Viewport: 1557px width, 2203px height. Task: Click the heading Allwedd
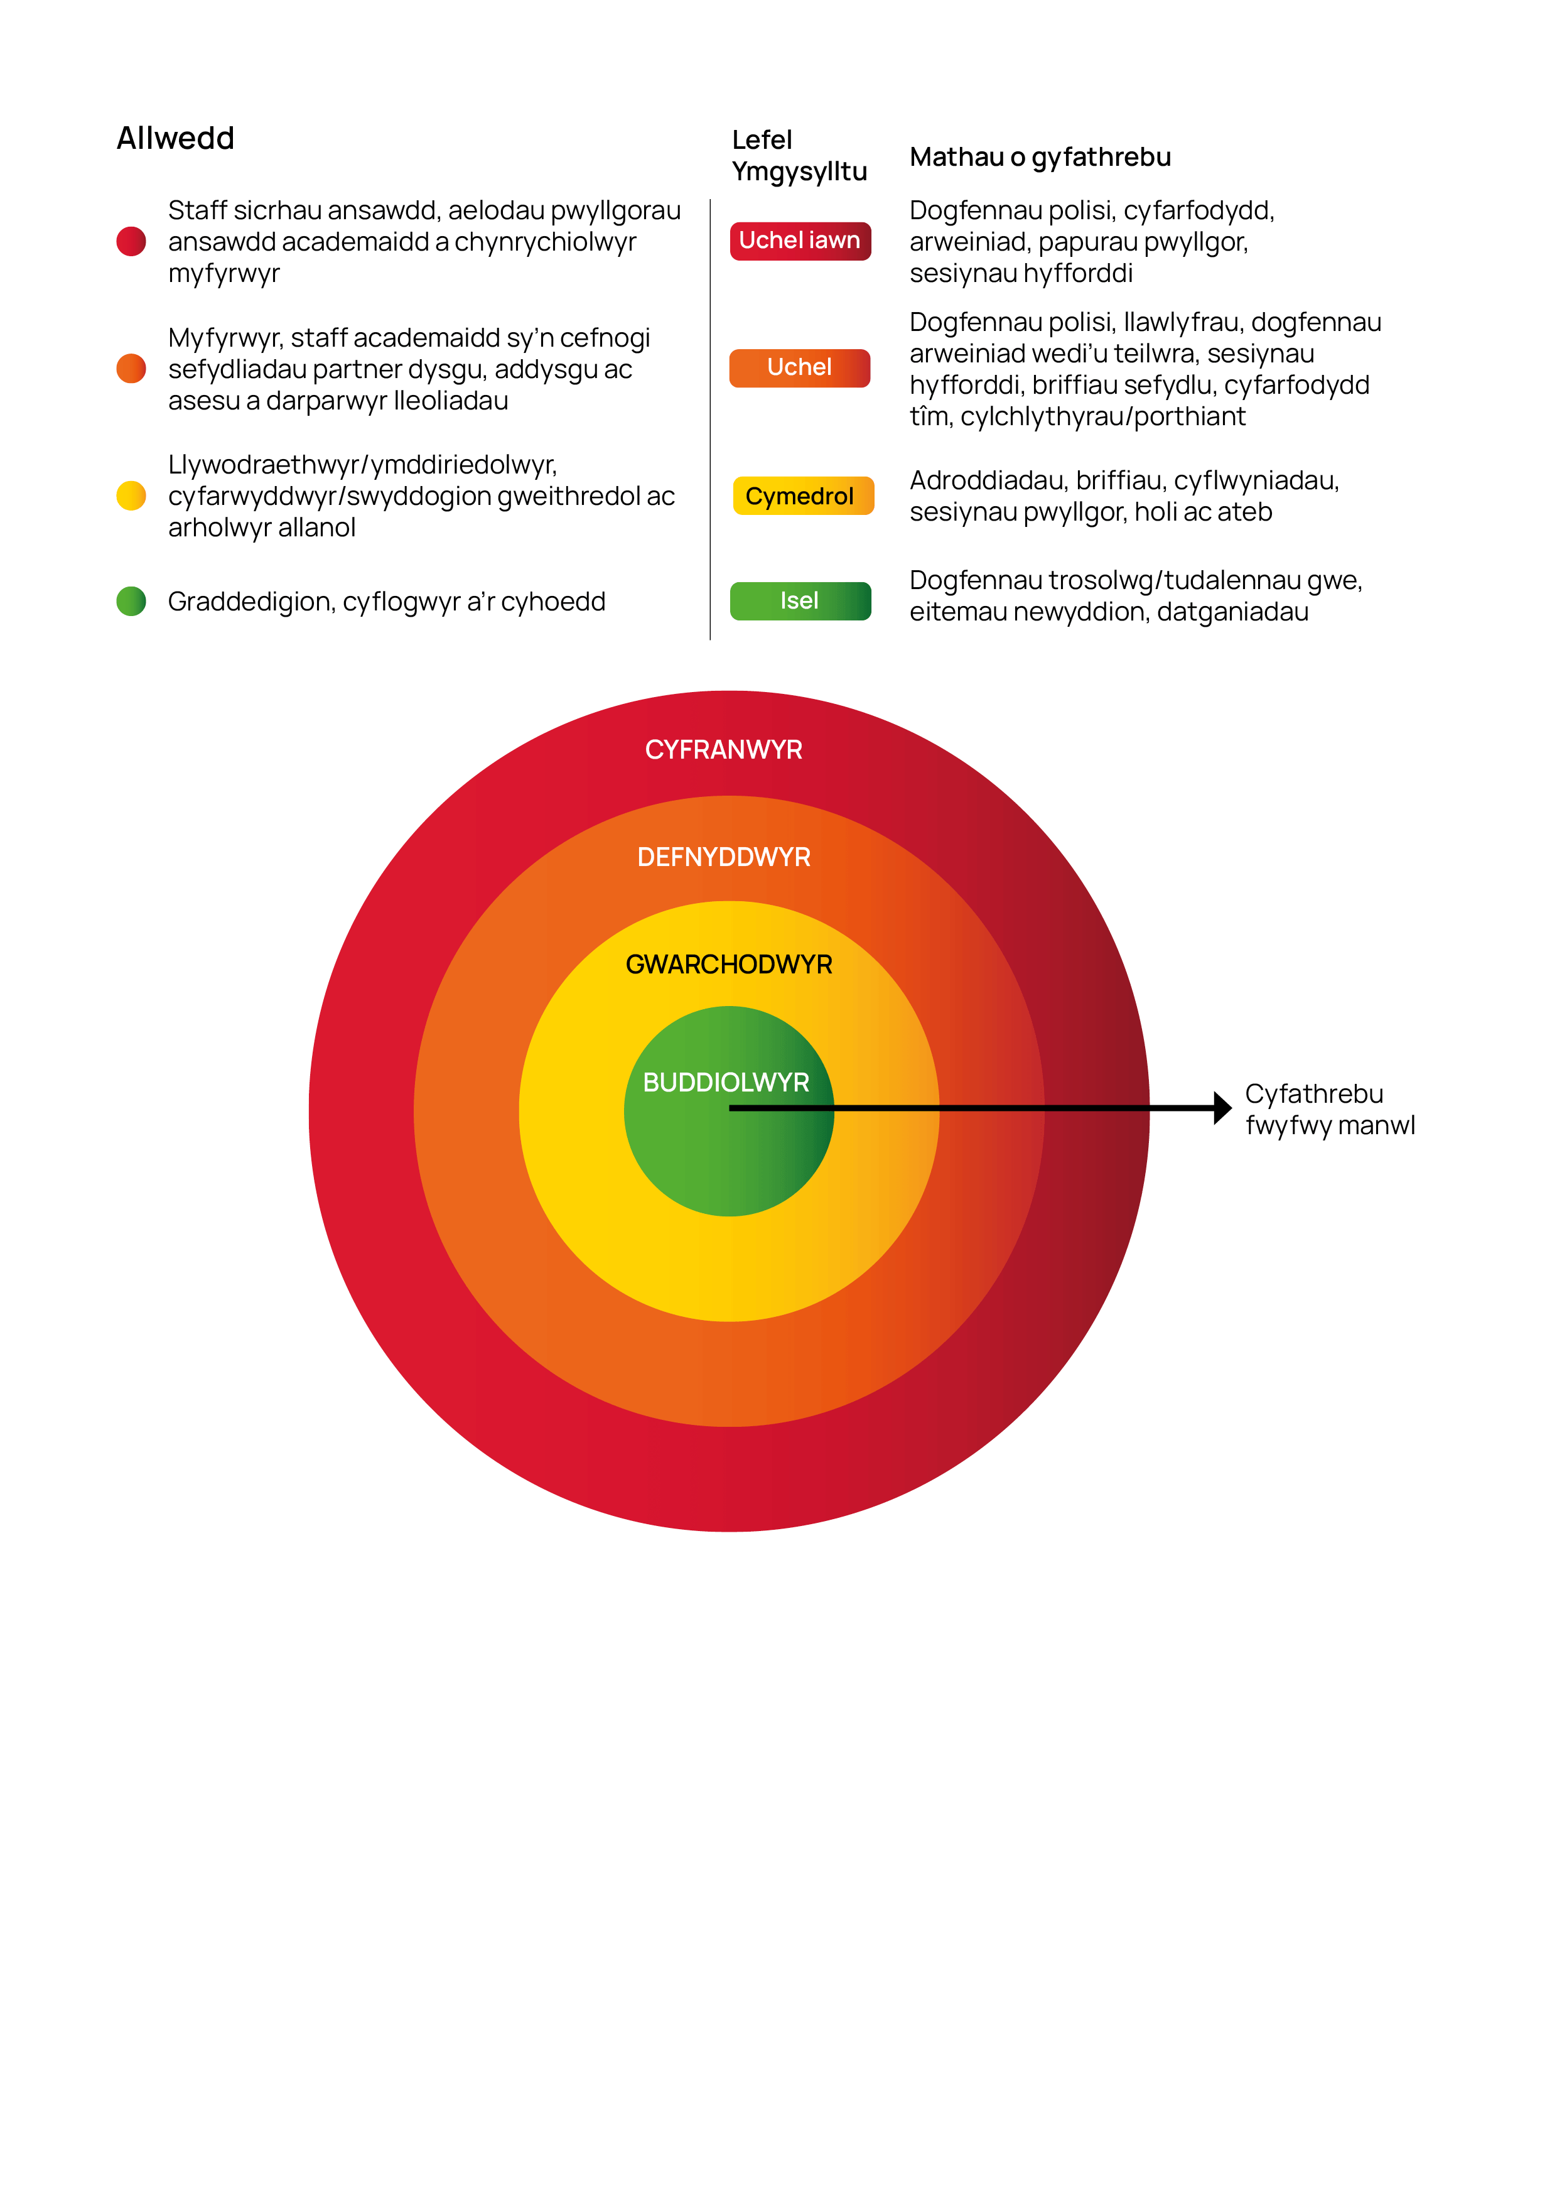coord(176,138)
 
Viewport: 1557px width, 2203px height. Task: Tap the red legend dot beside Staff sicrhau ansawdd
coord(131,242)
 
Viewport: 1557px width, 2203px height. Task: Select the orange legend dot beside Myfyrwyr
coord(131,369)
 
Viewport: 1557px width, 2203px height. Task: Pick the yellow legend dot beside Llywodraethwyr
coord(131,496)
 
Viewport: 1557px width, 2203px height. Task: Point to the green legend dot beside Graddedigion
coord(131,602)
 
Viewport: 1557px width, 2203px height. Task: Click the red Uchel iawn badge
coord(800,241)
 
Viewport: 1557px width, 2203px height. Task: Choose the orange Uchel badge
coord(800,367)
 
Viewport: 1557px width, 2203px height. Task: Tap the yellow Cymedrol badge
coord(803,496)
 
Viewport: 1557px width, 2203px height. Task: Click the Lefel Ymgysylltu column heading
coord(799,156)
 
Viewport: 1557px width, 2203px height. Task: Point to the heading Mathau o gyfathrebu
coord(1040,158)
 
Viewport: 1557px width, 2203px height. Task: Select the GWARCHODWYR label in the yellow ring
coord(729,965)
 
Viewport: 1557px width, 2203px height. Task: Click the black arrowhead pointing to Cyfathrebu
coord(1223,1108)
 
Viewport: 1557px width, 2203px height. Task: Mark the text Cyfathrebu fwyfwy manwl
coord(1330,1110)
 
